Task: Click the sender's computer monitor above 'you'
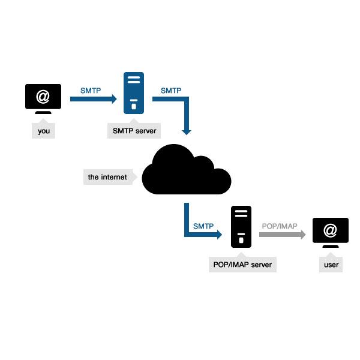43,98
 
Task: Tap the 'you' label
43,131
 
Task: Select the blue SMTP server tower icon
134,92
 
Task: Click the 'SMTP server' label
134,131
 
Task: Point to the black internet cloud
186,171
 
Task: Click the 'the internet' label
108,177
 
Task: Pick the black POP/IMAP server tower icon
241,226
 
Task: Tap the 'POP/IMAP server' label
242,265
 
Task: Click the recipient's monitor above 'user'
329,231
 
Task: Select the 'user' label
331,265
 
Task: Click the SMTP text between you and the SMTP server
91,91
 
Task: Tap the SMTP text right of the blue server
171,91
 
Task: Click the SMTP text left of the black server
203,226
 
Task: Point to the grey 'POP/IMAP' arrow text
280,226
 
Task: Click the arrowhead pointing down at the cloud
187,130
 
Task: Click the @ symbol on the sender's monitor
43,95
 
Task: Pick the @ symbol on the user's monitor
329,229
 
